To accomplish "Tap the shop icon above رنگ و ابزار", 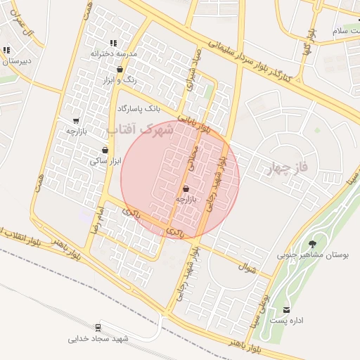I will [x=120, y=70].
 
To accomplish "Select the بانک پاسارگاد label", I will [x=140, y=109].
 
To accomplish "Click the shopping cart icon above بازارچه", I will [x=76, y=121].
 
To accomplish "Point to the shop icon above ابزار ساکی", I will [x=105, y=150].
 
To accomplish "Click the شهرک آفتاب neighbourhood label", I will [x=140, y=129].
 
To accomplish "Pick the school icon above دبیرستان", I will [x=6, y=50].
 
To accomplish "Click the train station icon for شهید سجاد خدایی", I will [x=98, y=327].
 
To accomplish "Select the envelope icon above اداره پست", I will [x=286, y=309].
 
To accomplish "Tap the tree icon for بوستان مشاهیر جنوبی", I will [x=312, y=244].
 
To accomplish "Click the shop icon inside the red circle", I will [x=186, y=189].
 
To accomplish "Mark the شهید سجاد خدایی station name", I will [x=98, y=339].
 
